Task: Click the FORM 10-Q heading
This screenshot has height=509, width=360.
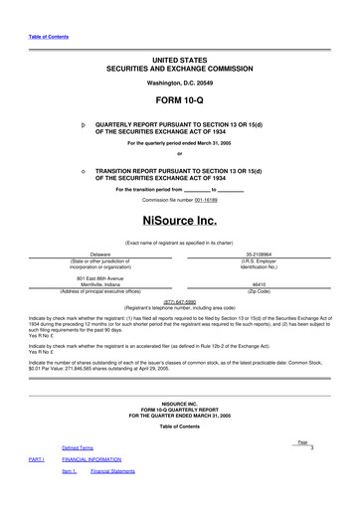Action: [x=180, y=101]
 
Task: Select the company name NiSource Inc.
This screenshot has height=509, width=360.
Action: [x=180, y=219]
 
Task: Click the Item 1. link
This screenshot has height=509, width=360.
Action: [x=69, y=472]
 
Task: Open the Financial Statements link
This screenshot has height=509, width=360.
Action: [x=112, y=472]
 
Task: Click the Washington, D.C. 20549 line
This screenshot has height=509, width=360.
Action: [x=180, y=83]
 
